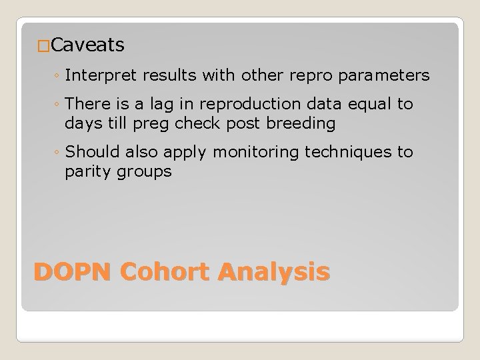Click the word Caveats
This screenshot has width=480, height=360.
87,45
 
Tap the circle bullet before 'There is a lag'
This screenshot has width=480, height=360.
58,105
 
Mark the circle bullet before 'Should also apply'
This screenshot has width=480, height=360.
58,153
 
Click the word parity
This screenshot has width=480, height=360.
89,171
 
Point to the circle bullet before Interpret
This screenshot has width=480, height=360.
58,76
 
